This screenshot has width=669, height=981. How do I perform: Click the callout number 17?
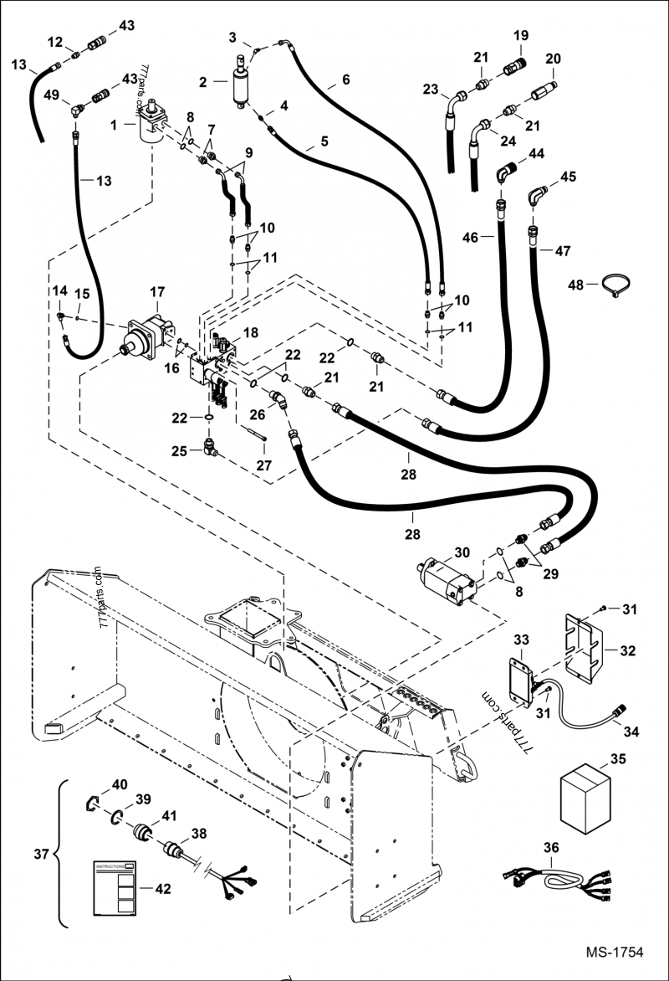[x=157, y=292]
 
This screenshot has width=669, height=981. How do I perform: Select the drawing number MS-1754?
[x=614, y=953]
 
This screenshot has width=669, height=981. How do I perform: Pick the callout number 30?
[x=462, y=552]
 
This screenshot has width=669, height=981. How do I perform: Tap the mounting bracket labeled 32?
[x=585, y=647]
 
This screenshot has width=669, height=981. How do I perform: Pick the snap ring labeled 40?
[x=97, y=804]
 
